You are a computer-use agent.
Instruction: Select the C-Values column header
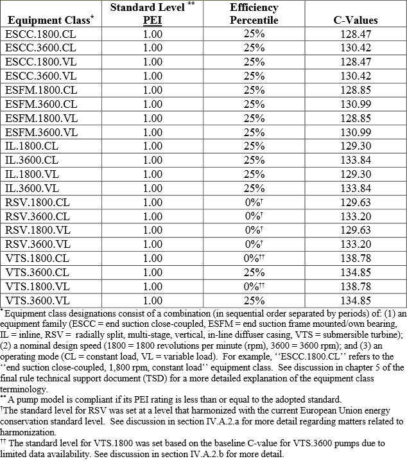point(356,20)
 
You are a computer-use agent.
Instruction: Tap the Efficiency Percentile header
point(254,13)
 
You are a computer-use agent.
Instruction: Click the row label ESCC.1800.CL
point(40,34)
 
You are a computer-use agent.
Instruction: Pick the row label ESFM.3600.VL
point(41,132)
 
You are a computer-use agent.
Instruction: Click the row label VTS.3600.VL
point(37,300)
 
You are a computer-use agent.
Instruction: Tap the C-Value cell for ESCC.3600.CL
point(356,48)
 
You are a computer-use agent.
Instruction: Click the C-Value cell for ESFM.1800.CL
point(356,90)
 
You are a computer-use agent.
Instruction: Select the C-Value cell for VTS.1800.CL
point(356,258)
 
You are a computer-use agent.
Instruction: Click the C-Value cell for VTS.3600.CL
point(356,272)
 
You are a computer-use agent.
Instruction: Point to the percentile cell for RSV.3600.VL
point(254,244)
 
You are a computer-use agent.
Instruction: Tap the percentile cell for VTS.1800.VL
point(254,286)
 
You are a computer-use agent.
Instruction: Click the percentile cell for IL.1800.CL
point(254,146)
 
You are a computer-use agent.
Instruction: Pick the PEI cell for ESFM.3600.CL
point(153,104)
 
